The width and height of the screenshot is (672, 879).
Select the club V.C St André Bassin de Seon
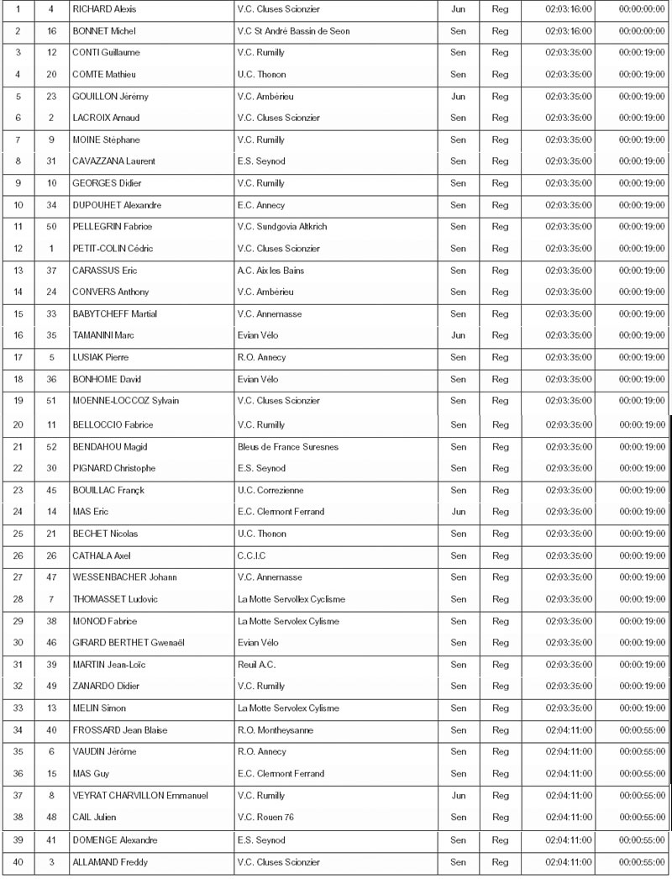point(293,31)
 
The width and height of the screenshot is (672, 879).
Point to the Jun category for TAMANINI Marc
point(458,335)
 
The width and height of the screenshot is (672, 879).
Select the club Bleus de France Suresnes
point(288,447)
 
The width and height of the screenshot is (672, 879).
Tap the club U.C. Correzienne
point(270,491)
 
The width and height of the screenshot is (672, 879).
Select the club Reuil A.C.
point(257,665)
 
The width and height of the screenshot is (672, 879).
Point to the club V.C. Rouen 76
point(268,817)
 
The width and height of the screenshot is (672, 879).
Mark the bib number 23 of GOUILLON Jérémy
point(51,97)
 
